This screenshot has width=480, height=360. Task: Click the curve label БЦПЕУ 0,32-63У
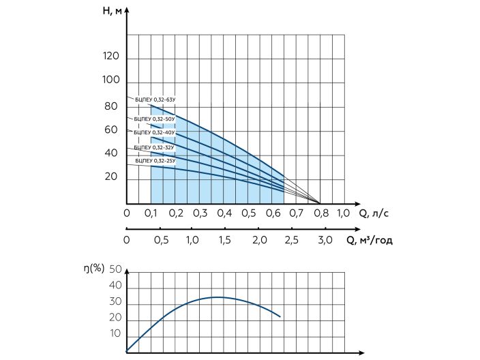pos(155,100)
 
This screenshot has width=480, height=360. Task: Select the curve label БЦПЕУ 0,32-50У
pos(155,119)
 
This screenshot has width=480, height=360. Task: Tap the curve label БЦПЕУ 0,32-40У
pos(155,132)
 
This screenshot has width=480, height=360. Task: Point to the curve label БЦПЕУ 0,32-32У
pos(155,147)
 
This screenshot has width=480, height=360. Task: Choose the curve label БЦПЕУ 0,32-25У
pos(155,161)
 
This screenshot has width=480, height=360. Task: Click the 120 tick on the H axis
pos(110,57)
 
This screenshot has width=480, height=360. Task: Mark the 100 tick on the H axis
pos(110,80)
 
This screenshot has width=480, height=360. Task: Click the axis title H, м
pos(115,12)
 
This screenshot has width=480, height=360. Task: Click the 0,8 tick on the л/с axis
pos(320,213)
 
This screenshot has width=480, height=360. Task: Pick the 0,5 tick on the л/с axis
pos(248,213)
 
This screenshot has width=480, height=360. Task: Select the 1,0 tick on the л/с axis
pos(344,213)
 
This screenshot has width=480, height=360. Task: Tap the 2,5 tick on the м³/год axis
pos(292,241)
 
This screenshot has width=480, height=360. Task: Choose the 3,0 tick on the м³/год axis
pos(325,241)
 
